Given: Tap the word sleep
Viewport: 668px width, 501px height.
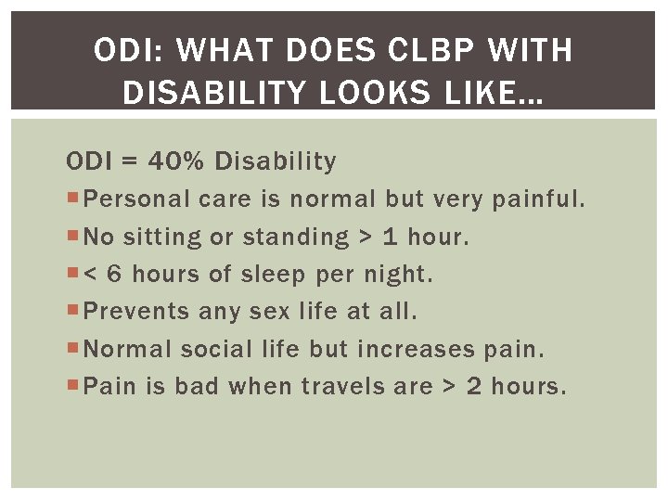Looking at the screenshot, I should pos(278,275).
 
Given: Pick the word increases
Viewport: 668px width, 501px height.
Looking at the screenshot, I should pos(416,350).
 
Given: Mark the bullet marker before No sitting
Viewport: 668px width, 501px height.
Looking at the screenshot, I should pos(73,238).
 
